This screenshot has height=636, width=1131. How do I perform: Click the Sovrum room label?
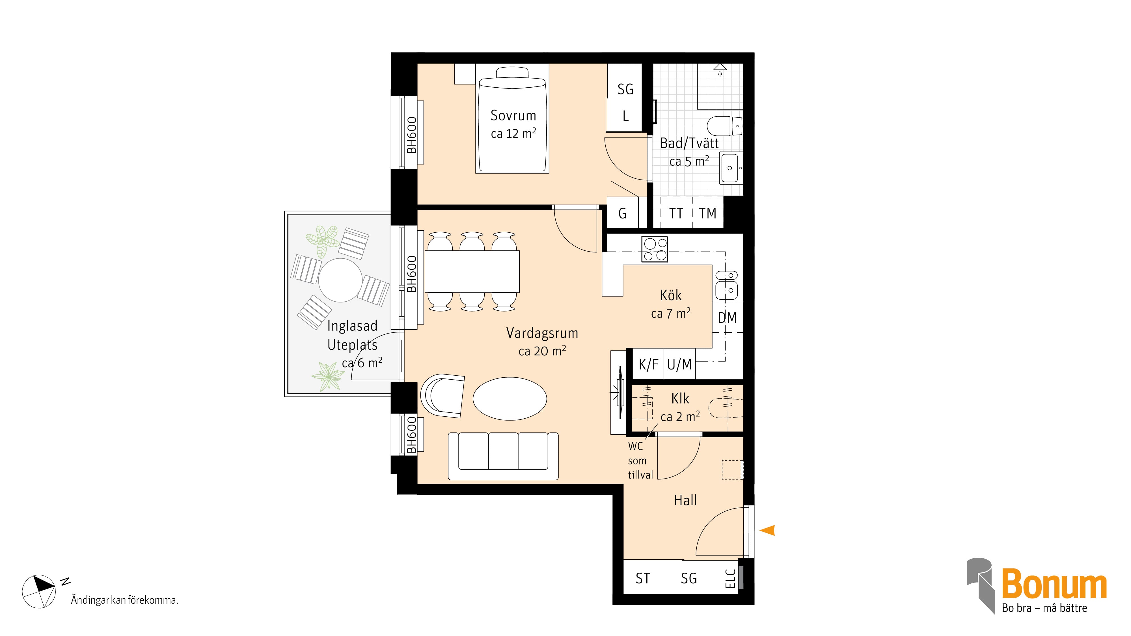click(x=513, y=115)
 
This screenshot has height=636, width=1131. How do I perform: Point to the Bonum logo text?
click(x=1054, y=583)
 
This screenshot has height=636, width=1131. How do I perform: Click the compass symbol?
click(x=39, y=591)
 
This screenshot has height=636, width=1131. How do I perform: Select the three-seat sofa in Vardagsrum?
click(x=503, y=456)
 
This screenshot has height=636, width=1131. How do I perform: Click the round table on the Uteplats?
click(x=340, y=280)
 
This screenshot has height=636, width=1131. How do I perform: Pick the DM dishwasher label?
click(x=727, y=318)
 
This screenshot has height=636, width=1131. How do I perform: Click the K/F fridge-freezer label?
click(x=648, y=364)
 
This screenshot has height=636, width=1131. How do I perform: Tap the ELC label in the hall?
click(x=730, y=579)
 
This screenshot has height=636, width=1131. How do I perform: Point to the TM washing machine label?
click(x=707, y=213)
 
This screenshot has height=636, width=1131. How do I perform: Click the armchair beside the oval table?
click(x=442, y=395)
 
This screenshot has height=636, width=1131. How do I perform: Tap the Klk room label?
click(x=680, y=399)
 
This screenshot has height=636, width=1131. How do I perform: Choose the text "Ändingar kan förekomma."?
click(x=125, y=600)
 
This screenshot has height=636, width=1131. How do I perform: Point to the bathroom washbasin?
click(x=730, y=168)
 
